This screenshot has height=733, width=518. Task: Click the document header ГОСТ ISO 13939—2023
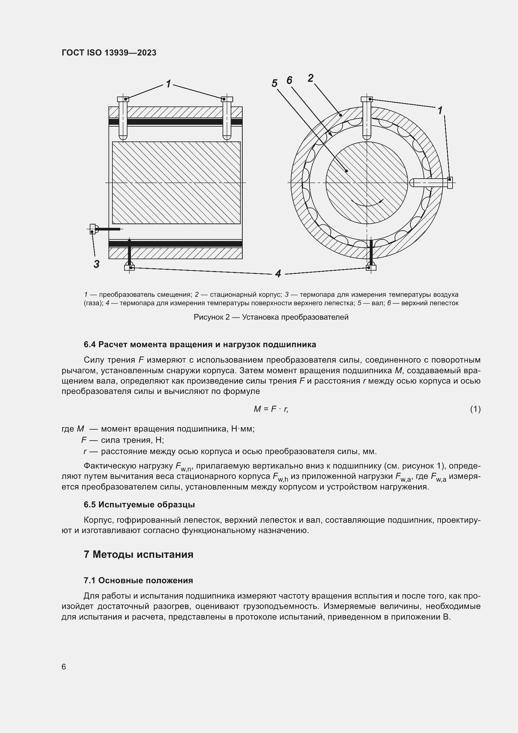point(109,53)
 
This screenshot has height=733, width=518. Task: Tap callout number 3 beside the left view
point(97,264)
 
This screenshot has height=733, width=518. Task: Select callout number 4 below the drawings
point(278,274)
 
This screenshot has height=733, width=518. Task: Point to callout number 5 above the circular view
point(275,83)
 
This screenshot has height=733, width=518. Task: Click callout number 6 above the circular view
point(289,80)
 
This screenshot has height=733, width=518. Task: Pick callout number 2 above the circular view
point(310,78)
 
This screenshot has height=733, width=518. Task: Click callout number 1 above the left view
point(168,84)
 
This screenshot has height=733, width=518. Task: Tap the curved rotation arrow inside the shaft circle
point(367,203)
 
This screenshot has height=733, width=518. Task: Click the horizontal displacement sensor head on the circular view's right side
point(450,183)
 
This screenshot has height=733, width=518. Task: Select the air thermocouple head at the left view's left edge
point(92,228)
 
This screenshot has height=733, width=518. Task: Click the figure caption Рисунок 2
point(271,317)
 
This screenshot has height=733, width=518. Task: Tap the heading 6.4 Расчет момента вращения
point(200,344)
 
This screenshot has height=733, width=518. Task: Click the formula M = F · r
point(271,409)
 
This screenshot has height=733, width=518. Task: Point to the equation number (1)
point(475,409)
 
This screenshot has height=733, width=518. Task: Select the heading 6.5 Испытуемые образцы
point(139,505)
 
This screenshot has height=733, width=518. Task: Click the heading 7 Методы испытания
point(138,554)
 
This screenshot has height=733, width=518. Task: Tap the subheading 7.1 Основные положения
point(138,580)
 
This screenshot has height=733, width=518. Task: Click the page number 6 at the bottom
point(64,667)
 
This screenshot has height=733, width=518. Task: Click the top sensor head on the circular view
point(366,99)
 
